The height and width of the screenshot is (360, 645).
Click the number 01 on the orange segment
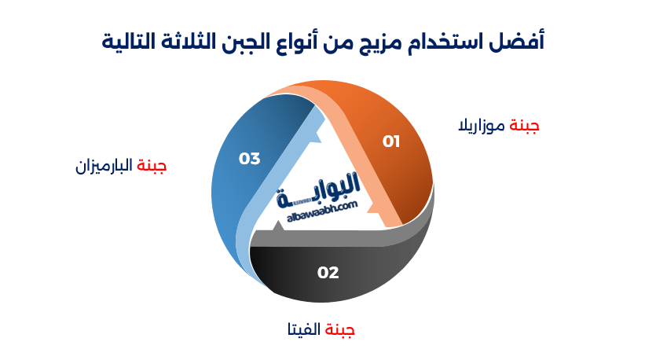pos(391,141)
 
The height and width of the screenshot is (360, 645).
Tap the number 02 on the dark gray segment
pos(328,273)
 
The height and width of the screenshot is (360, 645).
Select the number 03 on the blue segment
pos(249,159)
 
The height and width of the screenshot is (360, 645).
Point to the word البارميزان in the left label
pos(104,166)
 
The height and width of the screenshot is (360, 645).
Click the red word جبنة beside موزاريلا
pos(524,126)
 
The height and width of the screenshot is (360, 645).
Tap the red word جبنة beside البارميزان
pos(152,166)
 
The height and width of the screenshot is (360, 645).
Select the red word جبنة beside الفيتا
pos(340,329)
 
